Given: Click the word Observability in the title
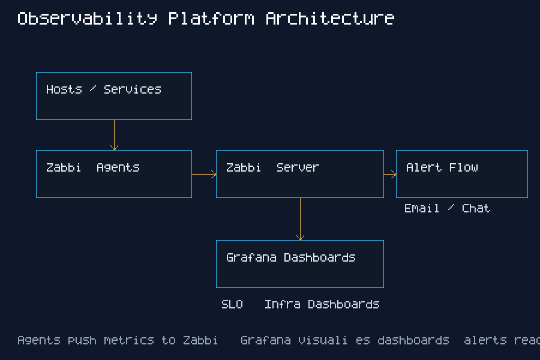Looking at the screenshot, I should pos(87,19).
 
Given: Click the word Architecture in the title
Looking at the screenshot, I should pos(329,19).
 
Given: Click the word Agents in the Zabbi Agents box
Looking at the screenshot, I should pos(118,167).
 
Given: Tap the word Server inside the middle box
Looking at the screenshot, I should pos(298,167).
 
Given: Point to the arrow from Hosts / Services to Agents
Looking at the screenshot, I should pos(114,135).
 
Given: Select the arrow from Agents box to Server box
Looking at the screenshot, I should pos(204,175).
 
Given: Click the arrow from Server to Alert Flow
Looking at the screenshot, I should pos(390,175).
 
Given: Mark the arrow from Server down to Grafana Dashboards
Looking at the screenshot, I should pos(300,219).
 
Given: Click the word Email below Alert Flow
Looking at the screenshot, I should pos(422,208).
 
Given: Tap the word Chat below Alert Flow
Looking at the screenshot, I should pos(476,208).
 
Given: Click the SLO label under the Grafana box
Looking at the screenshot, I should pos(232,304).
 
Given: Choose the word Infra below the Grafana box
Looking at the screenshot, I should pos(283,304).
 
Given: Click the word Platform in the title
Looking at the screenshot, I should pos(211,19).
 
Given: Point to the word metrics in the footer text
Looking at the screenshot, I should pos(128,340).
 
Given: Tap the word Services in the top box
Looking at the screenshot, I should pos(132,89).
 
